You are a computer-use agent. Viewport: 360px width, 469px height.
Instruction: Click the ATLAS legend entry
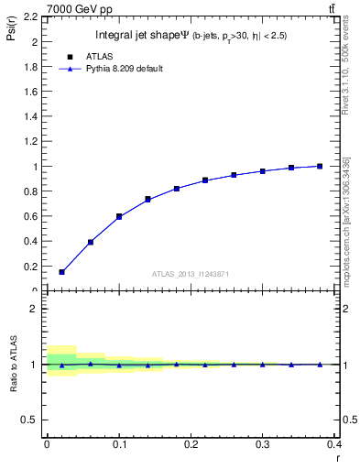[99, 56]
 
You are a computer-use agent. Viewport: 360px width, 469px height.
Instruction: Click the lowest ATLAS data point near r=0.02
[61, 272]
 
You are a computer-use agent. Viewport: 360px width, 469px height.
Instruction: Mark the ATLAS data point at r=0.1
[119, 216]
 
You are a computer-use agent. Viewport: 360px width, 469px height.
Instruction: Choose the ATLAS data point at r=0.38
[320, 166]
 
